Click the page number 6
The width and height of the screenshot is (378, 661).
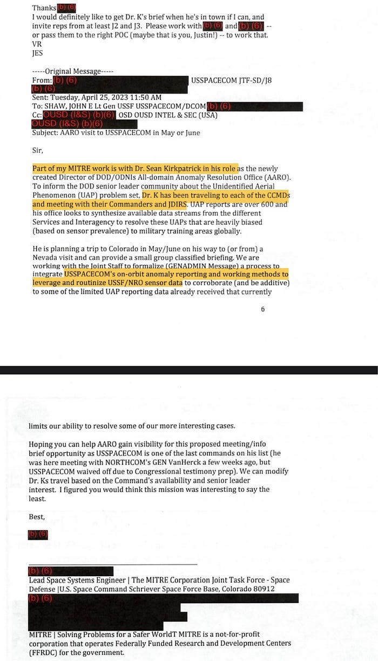pos(262,309)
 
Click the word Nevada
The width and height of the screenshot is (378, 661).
pos(44,257)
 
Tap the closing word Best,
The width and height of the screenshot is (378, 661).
pos(37,517)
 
